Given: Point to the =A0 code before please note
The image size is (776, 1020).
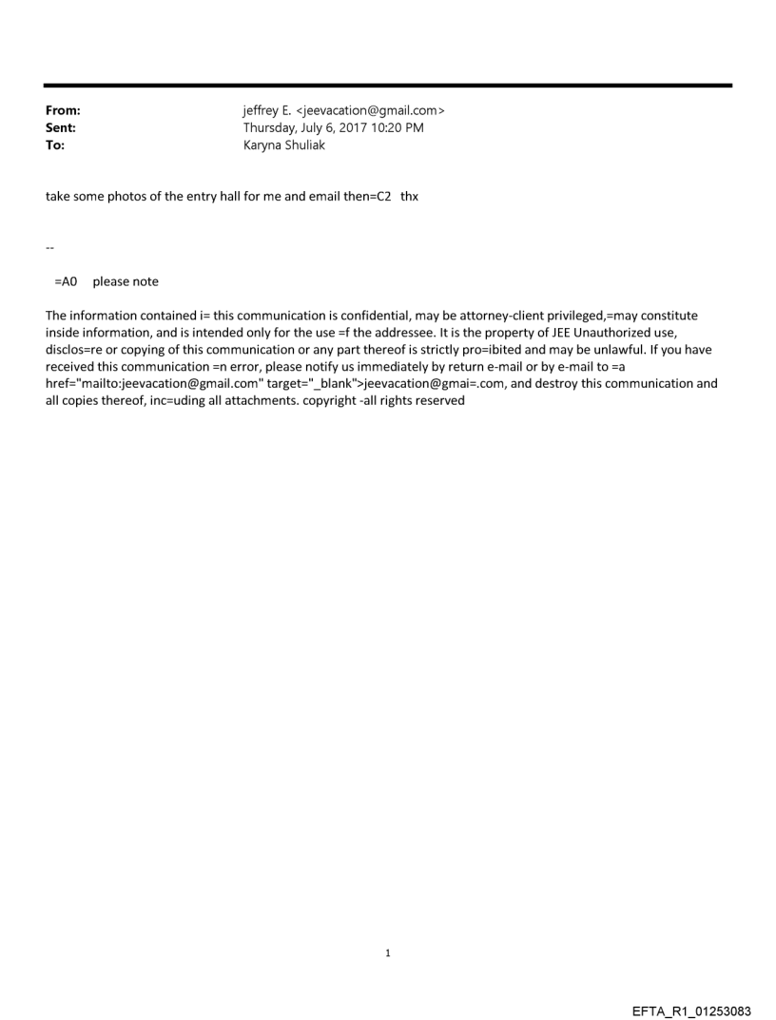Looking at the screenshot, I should click(x=66, y=281).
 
